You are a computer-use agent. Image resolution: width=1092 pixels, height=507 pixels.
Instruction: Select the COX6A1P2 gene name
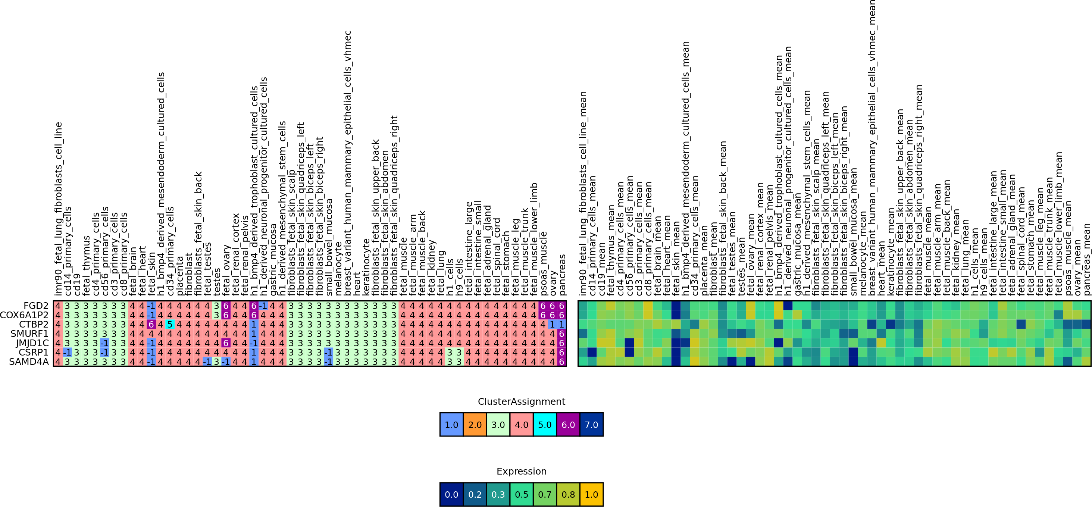coord(24,315)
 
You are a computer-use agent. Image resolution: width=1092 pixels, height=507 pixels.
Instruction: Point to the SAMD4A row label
coord(29,362)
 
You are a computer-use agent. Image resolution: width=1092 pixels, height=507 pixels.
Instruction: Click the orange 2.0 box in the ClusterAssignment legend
coord(475,424)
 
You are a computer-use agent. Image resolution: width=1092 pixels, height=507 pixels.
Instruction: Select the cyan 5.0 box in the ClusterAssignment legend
coord(545,424)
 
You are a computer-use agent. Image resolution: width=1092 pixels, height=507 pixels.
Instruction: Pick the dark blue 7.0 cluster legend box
coord(591,424)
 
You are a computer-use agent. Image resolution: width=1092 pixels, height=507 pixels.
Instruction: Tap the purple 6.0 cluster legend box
coord(568,424)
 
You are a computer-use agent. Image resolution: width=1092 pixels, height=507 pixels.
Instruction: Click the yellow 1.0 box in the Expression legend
coord(591,494)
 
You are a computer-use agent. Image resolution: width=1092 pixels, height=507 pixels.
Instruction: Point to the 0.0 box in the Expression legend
coord(451,494)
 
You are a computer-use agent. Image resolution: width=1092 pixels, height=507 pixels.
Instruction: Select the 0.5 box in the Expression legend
coord(522,494)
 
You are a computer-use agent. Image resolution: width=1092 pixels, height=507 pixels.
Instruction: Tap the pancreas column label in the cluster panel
coord(562,274)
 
